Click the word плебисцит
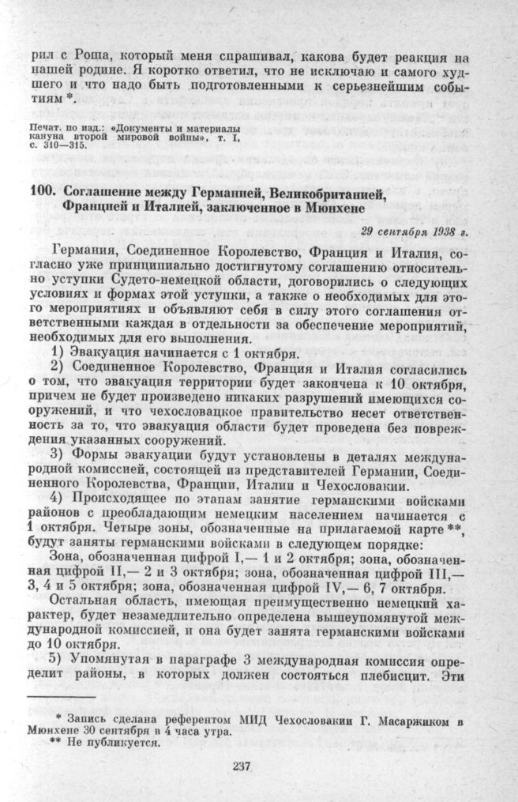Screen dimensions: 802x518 [415, 669]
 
